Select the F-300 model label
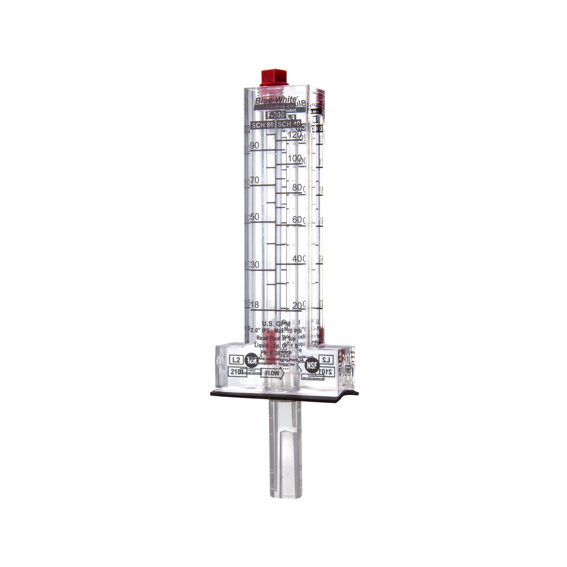275,115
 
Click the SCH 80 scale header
263,125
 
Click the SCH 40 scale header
289,124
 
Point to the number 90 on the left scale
255,145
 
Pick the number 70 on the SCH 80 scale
255,180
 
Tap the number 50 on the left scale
255,217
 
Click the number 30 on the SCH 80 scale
255,265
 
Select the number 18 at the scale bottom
255,305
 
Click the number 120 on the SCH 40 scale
295,135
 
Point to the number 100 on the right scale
295,158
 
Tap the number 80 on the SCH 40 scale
297,187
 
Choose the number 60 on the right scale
297,219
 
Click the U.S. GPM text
276,324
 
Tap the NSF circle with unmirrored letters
311,365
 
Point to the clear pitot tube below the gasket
285,437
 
